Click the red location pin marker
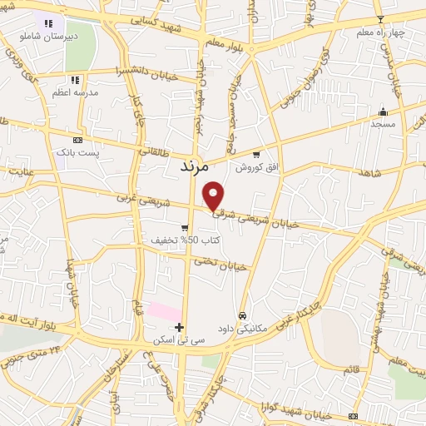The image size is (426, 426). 214,195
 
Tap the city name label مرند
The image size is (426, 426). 197,167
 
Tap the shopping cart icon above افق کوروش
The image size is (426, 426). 256,154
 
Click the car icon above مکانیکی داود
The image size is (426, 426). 241,315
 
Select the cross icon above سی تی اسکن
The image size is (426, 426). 179,326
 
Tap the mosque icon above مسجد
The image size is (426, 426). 383,113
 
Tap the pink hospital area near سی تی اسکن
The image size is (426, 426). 165,311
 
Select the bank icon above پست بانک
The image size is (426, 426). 78,141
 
